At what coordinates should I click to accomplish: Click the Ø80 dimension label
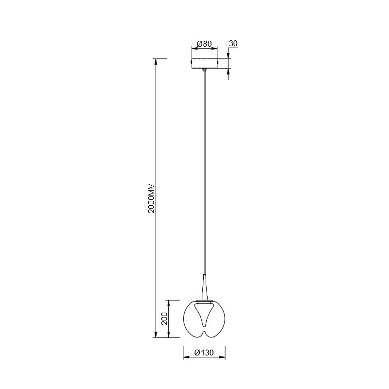[x=204, y=44]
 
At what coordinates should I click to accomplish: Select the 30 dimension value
[x=233, y=43]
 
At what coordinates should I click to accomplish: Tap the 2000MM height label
[x=151, y=198]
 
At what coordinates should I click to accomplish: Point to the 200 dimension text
[x=164, y=319]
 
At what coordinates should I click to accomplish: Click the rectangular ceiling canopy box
[x=204, y=63]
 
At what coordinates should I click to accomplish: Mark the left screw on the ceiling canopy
[x=191, y=61]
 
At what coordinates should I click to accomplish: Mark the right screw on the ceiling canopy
[x=218, y=61]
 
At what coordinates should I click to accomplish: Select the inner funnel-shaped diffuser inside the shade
[x=204, y=315]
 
